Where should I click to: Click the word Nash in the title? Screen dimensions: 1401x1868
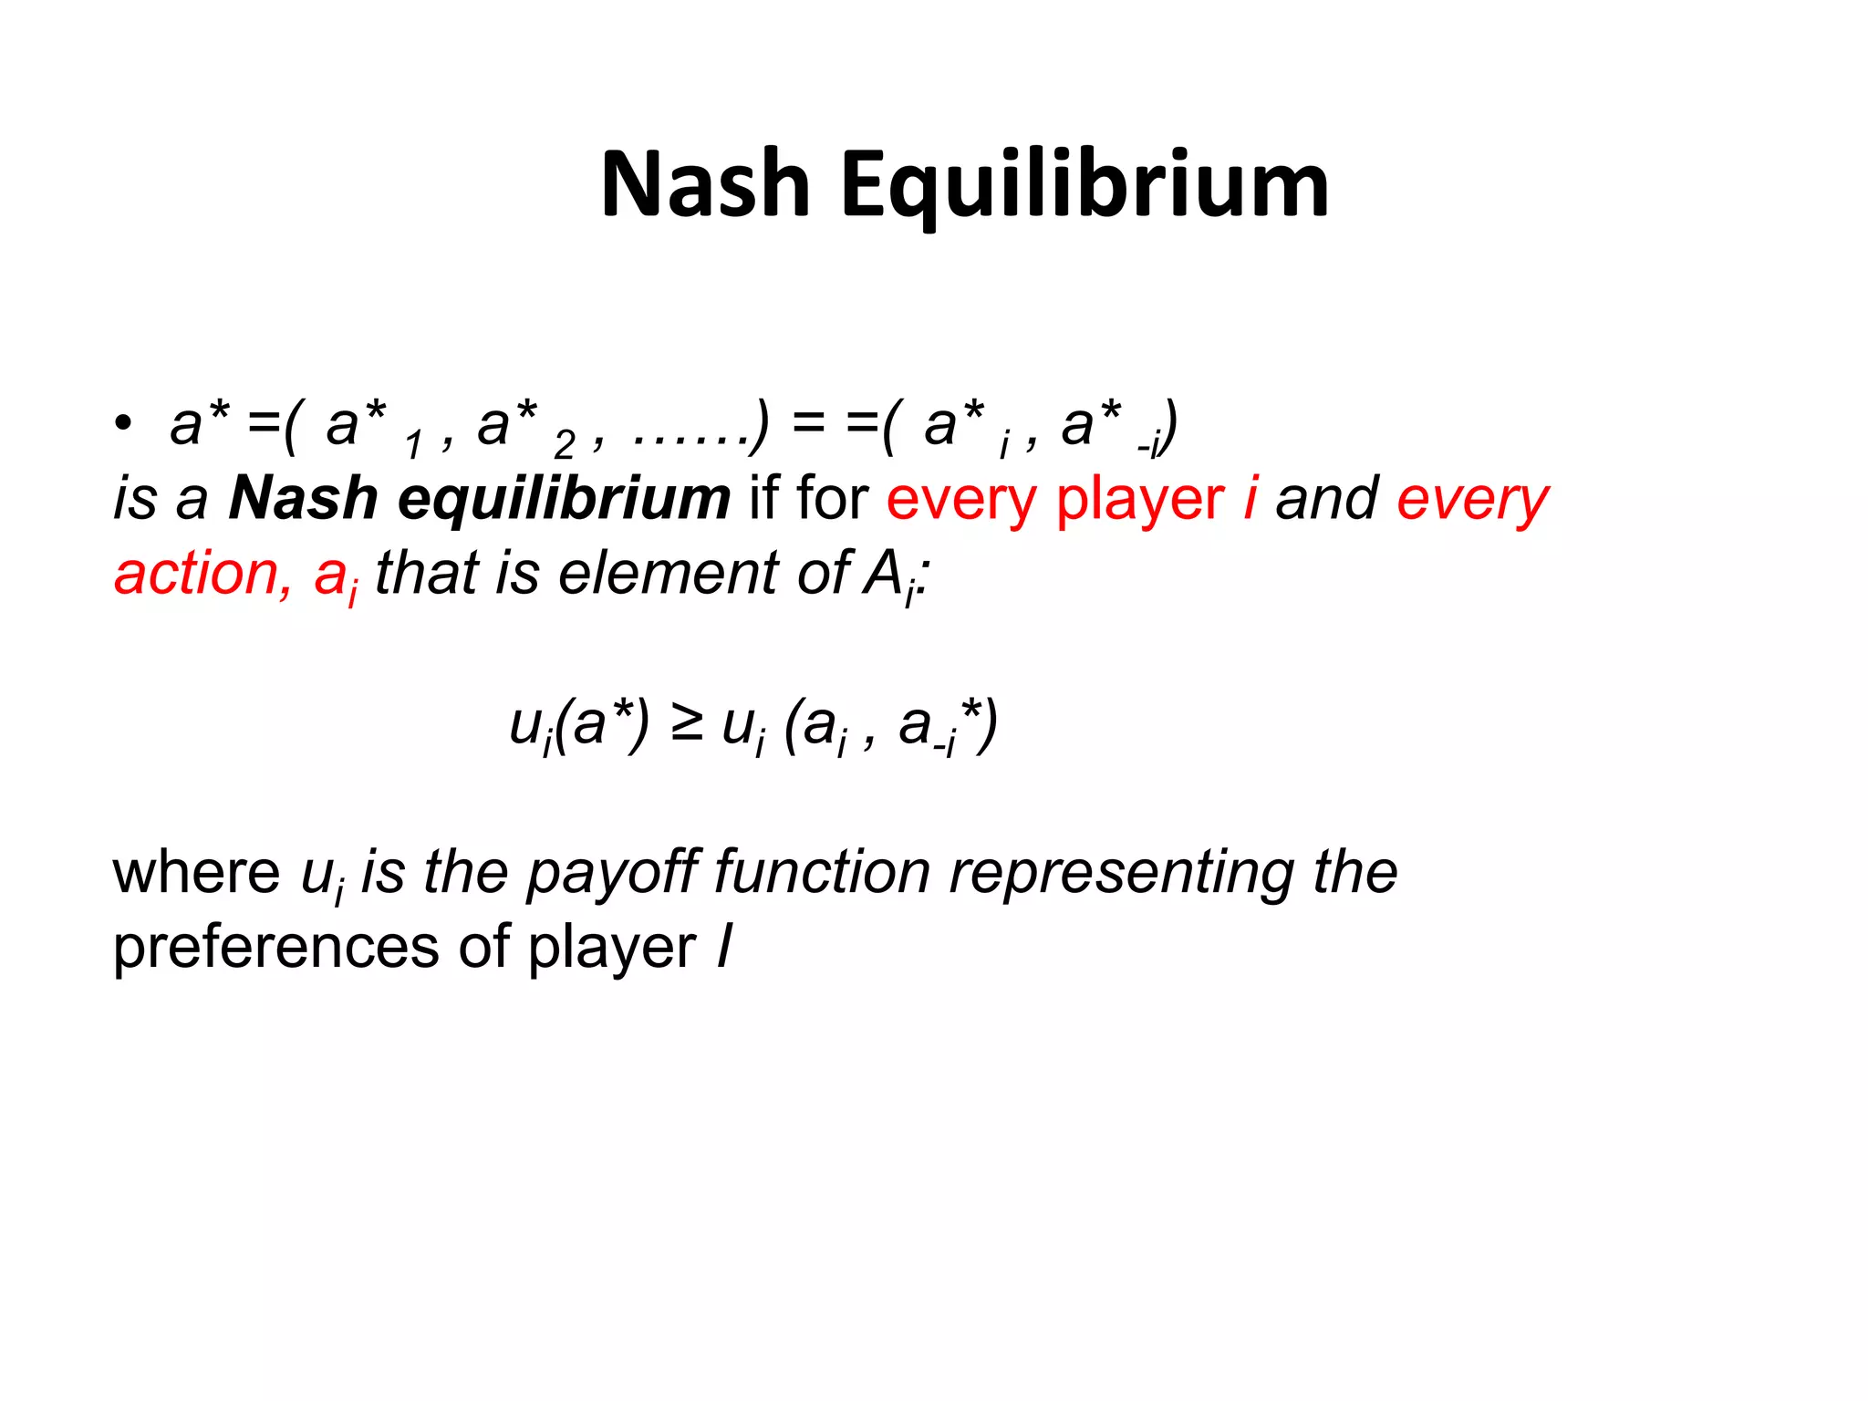704,185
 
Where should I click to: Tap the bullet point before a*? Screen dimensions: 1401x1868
122,425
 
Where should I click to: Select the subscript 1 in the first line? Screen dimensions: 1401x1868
413,445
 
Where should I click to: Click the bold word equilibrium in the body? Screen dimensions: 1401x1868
564,499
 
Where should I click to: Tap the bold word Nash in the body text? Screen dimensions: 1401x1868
303,499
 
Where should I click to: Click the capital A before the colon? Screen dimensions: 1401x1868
883,574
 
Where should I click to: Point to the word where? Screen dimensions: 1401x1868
196,872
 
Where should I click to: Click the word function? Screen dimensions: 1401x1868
822,872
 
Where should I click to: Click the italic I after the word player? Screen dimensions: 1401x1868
724,947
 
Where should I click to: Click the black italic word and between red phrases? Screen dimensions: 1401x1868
1326,499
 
